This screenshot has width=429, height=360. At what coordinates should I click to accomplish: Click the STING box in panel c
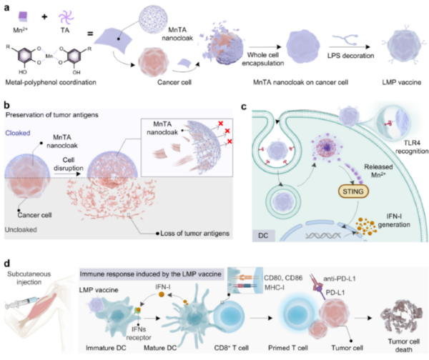(x=353, y=191)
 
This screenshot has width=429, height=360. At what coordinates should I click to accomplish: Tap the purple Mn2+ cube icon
(x=23, y=16)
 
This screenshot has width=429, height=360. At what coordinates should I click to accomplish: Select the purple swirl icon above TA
(x=66, y=16)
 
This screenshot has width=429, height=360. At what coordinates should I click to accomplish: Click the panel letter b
(x=7, y=105)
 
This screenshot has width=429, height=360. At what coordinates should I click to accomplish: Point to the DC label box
(x=263, y=235)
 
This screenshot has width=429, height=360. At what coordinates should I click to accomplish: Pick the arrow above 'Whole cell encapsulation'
(x=265, y=47)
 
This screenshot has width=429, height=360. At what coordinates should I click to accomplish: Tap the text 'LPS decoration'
(x=350, y=56)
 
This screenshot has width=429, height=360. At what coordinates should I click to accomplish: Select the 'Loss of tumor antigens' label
(x=194, y=234)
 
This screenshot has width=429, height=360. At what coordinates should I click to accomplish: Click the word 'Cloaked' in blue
(x=17, y=133)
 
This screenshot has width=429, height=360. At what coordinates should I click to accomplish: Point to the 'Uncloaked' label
(x=21, y=229)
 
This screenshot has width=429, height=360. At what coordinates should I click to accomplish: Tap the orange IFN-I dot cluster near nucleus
(x=366, y=226)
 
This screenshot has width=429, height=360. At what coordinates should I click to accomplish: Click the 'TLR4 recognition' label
(x=412, y=147)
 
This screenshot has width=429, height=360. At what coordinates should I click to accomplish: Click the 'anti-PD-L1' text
(x=339, y=279)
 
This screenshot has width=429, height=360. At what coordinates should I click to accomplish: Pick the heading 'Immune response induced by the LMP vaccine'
(x=150, y=274)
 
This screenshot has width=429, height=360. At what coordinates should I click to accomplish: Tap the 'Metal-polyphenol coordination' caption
(x=51, y=82)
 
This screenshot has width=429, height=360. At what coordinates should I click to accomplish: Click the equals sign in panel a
(x=90, y=34)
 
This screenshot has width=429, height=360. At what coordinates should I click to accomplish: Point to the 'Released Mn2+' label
(x=378, y=171)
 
